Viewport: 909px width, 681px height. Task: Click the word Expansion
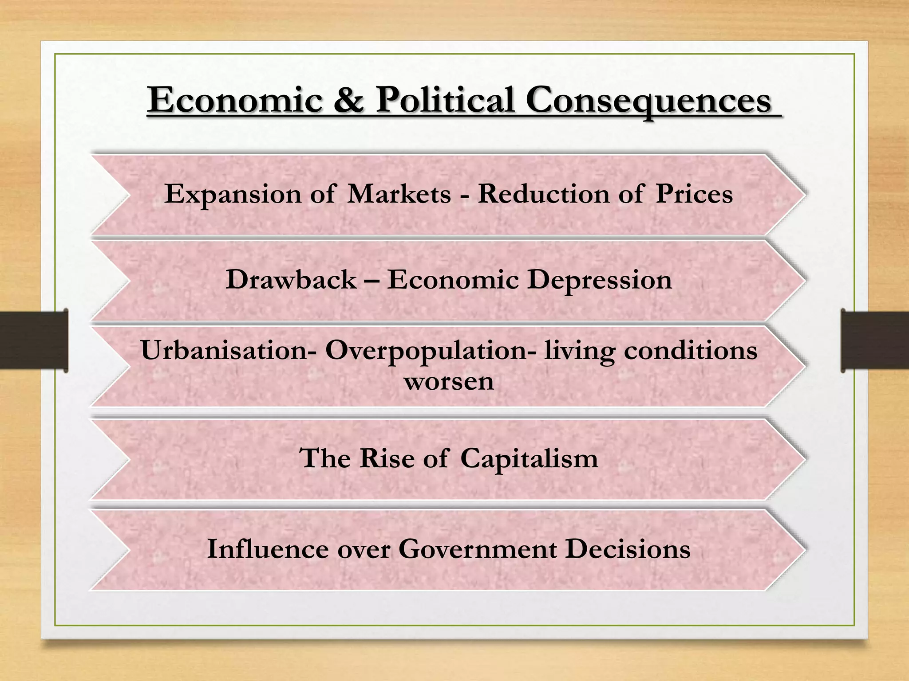click(233, 194)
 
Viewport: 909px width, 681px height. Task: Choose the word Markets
click(399, 194)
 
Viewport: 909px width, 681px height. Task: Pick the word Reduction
click(543, 194)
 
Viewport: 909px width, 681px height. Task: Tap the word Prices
click(694, 194)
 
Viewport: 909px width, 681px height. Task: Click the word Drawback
click(291, 280)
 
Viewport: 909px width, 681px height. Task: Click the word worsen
click(449, 381)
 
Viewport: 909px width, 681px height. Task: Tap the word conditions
click(691, 350)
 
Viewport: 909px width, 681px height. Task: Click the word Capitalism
click(529, 459)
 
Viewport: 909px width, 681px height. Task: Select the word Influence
click(268, 549)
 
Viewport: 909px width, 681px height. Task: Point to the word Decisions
click(628, 549)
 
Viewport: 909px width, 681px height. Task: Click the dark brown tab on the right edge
click(875, 340)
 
